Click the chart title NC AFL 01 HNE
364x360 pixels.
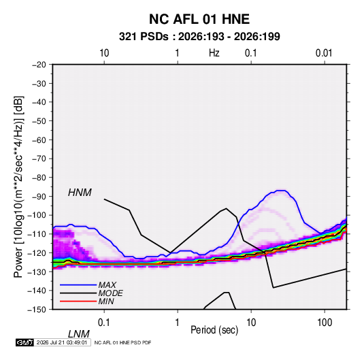(x=199, y=19)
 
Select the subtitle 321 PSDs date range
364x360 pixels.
(x=199, y=37)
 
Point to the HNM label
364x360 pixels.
(x=80, y=193)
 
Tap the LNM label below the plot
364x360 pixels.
(x=79, y=334)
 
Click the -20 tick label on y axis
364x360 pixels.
(x=39, y=65)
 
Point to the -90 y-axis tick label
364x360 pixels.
(x=39, y=197)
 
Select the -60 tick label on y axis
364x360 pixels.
(x=39, y=140)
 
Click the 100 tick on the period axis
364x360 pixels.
(x=325, y=323)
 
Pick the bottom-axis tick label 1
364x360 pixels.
(x=178, y=323)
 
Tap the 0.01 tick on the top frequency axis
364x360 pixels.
(x=324, y=53)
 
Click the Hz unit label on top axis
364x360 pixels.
(x=214, y=53)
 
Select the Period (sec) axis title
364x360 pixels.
(x=214, y=330)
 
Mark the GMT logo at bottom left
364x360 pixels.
(x=24, y=342)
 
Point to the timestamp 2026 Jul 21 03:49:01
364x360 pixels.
(x=62, y=342)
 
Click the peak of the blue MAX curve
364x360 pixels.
(x=282, y=191)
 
